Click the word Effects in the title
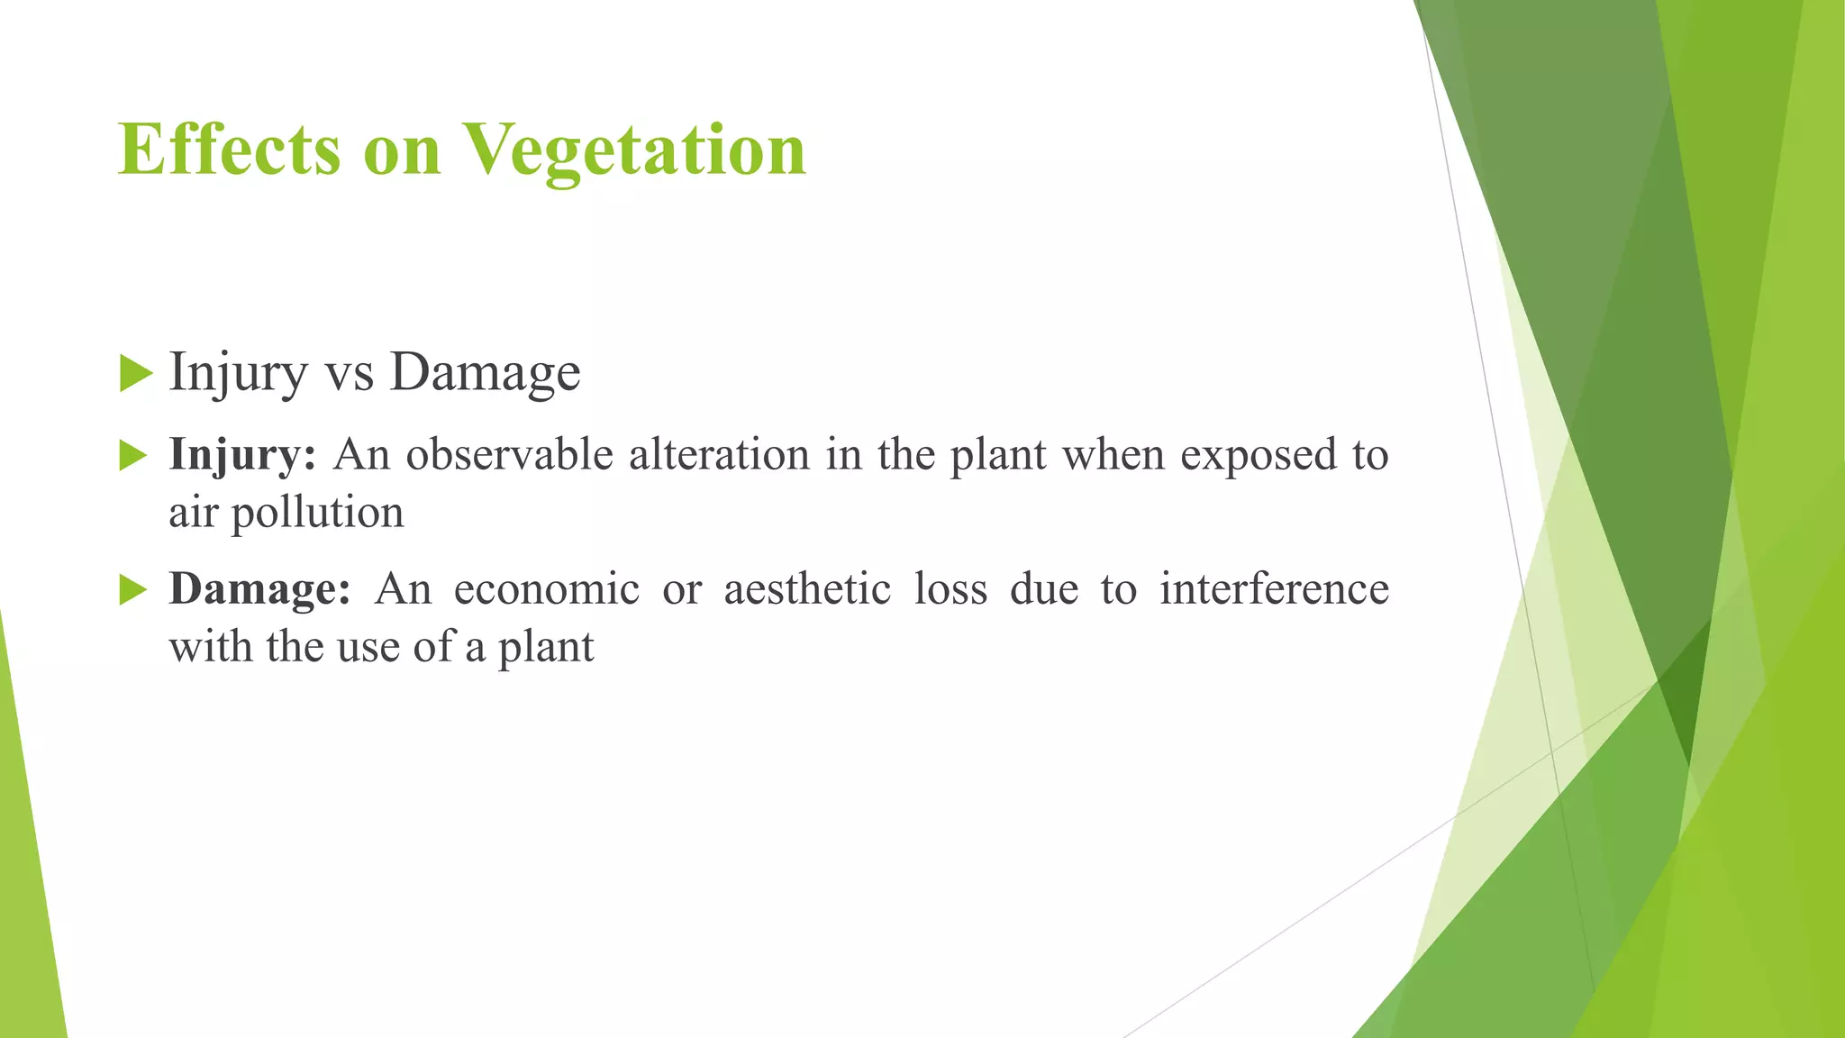(x=229, y=150)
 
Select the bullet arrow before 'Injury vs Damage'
(x=135, y=373)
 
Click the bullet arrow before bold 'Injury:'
(x=132, y=456)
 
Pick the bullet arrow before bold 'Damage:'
(x=132, y=591)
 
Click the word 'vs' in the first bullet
(x=349, y=373)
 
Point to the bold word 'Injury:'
(x=242, y=455)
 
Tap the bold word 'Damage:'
(x=259, y=590)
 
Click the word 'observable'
(x=509, y=455)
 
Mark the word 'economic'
(x=546, y=590)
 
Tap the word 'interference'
(x=1273, y=590)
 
